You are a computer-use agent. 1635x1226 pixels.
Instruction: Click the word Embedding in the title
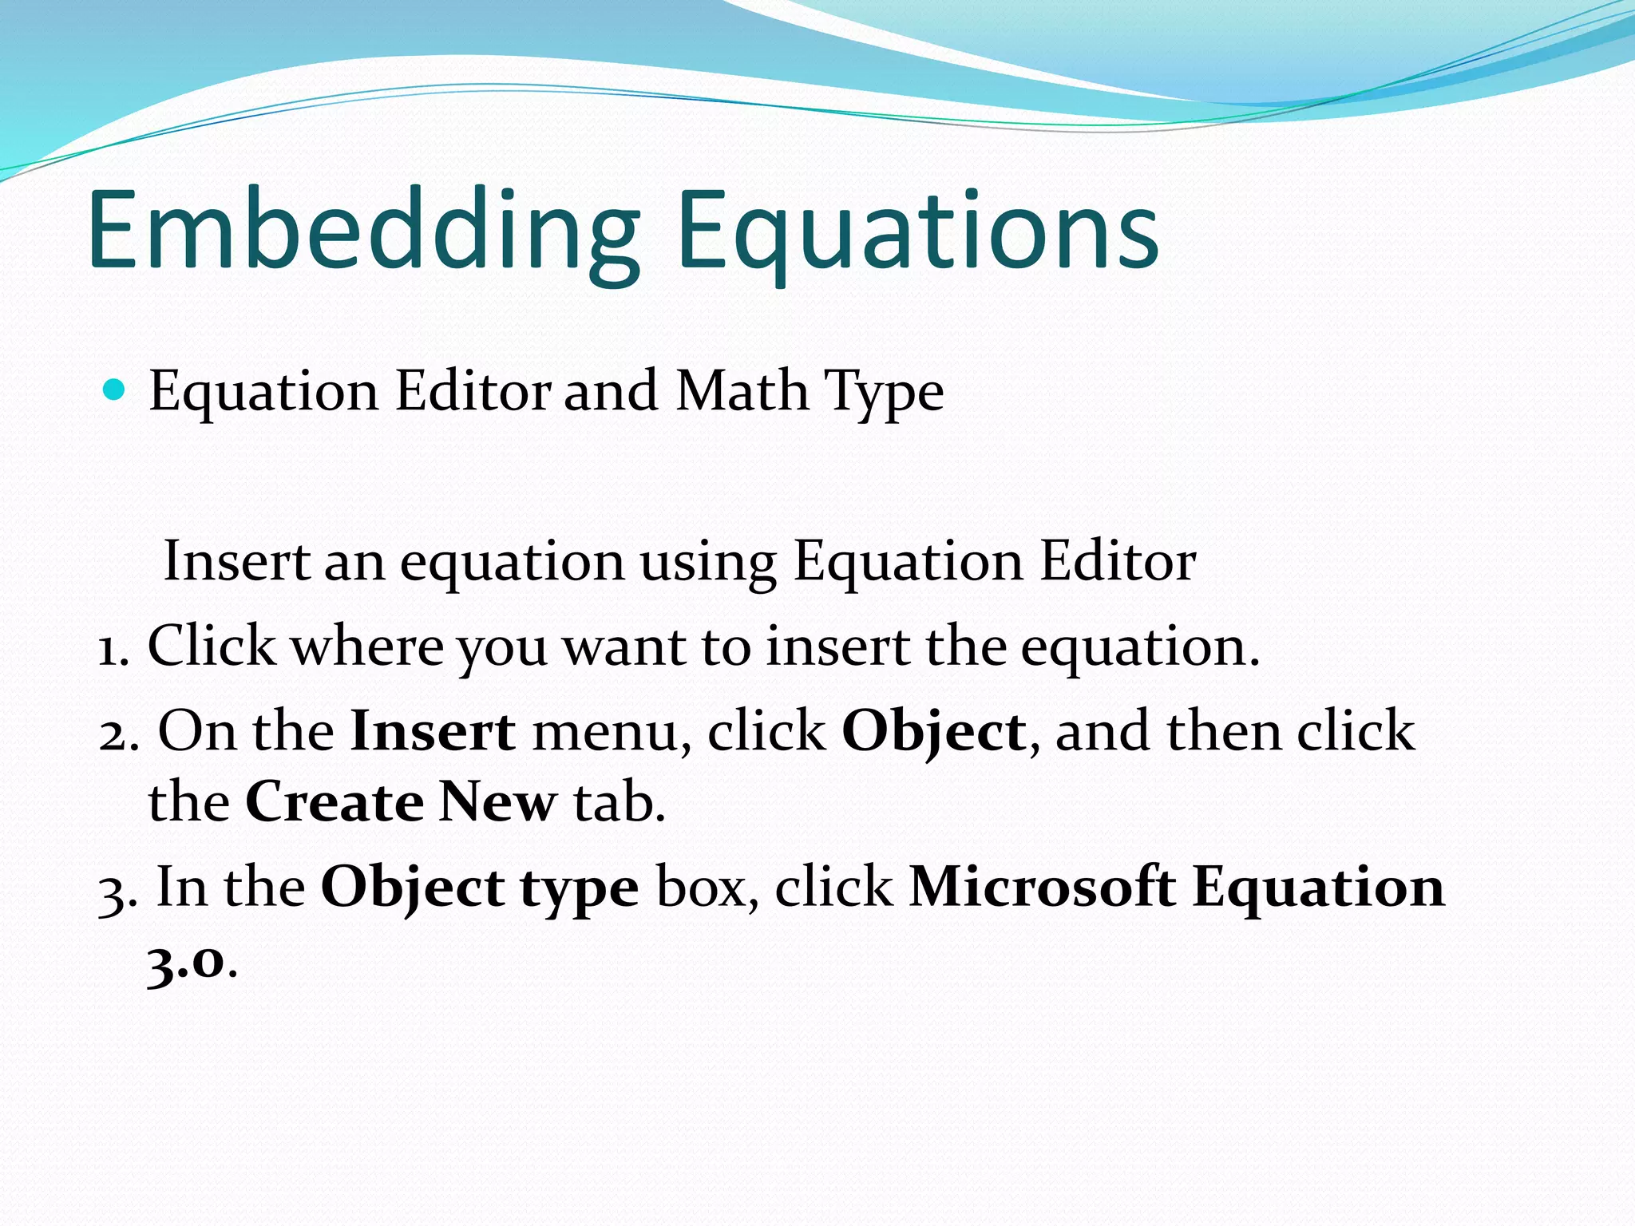click(x=363, y=231)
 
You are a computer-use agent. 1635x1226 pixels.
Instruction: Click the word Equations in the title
click(x=918, y=231)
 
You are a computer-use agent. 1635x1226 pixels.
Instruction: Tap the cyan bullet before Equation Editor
click(x=115, y=390)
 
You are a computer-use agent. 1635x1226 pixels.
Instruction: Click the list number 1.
click(x=112, y=648)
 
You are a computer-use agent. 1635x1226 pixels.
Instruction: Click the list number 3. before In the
click(x=117, y=889)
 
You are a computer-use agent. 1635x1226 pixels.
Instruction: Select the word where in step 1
click(x=366, y=647)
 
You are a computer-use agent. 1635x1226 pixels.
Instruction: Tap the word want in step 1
click(x=624, y=647)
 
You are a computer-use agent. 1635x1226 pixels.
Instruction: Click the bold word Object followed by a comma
click(x=933, y=733)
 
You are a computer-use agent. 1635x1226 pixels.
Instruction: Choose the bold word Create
click(x=334, y=802)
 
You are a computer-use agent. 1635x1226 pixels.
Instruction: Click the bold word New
click(x=497, y=802)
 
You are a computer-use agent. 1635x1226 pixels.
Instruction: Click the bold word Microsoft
click(x=1042, y=888)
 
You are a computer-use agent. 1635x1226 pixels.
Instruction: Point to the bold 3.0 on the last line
click(x=185, y=962)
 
